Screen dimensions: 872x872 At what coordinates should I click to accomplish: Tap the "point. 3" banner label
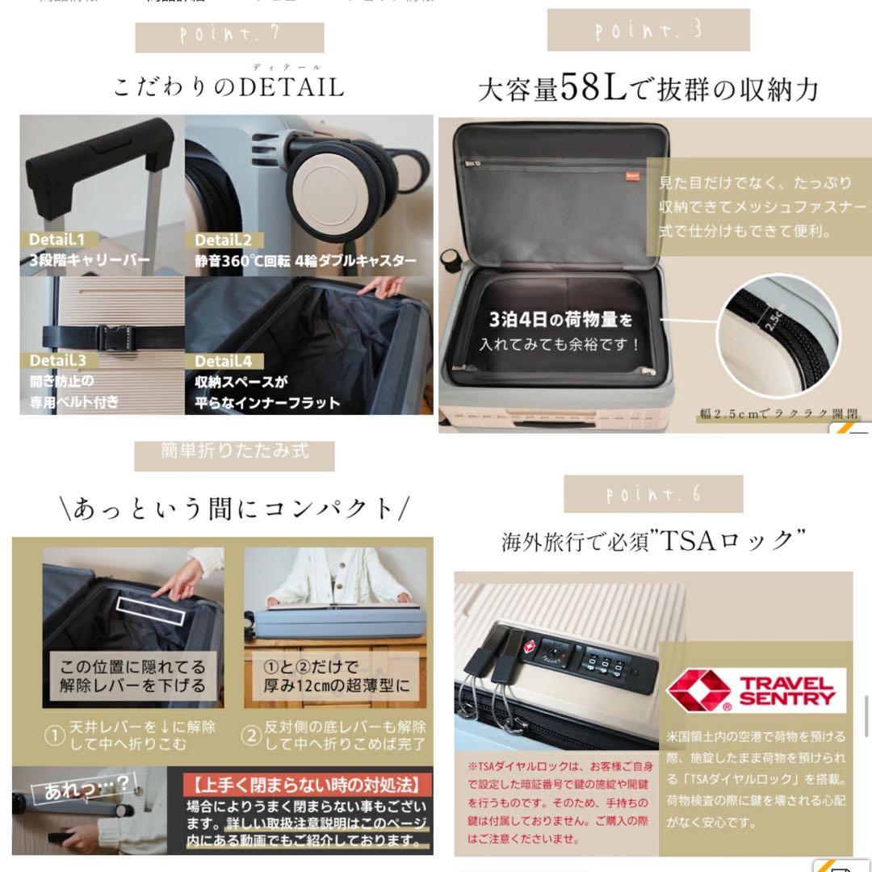pyautogui.click(x=648, y=31)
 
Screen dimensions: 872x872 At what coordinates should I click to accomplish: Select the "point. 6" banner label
pyautogui.click(x=653, y=494)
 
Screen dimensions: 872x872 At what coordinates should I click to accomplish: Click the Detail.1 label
pyautogui.click(x=62, y=240)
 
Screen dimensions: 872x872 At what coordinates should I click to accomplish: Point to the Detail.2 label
pyautogui.click(x=224, y=240)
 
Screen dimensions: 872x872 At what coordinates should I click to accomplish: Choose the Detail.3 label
pyautogui.click(x=58, y=360)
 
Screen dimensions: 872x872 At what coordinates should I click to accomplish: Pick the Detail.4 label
pyautogui.click(x=224, y=361)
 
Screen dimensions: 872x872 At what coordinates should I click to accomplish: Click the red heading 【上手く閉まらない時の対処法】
pyautogui.click(x=307, y=784)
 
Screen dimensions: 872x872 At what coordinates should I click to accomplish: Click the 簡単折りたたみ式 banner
pyautogui.click(x=234, y=451)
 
